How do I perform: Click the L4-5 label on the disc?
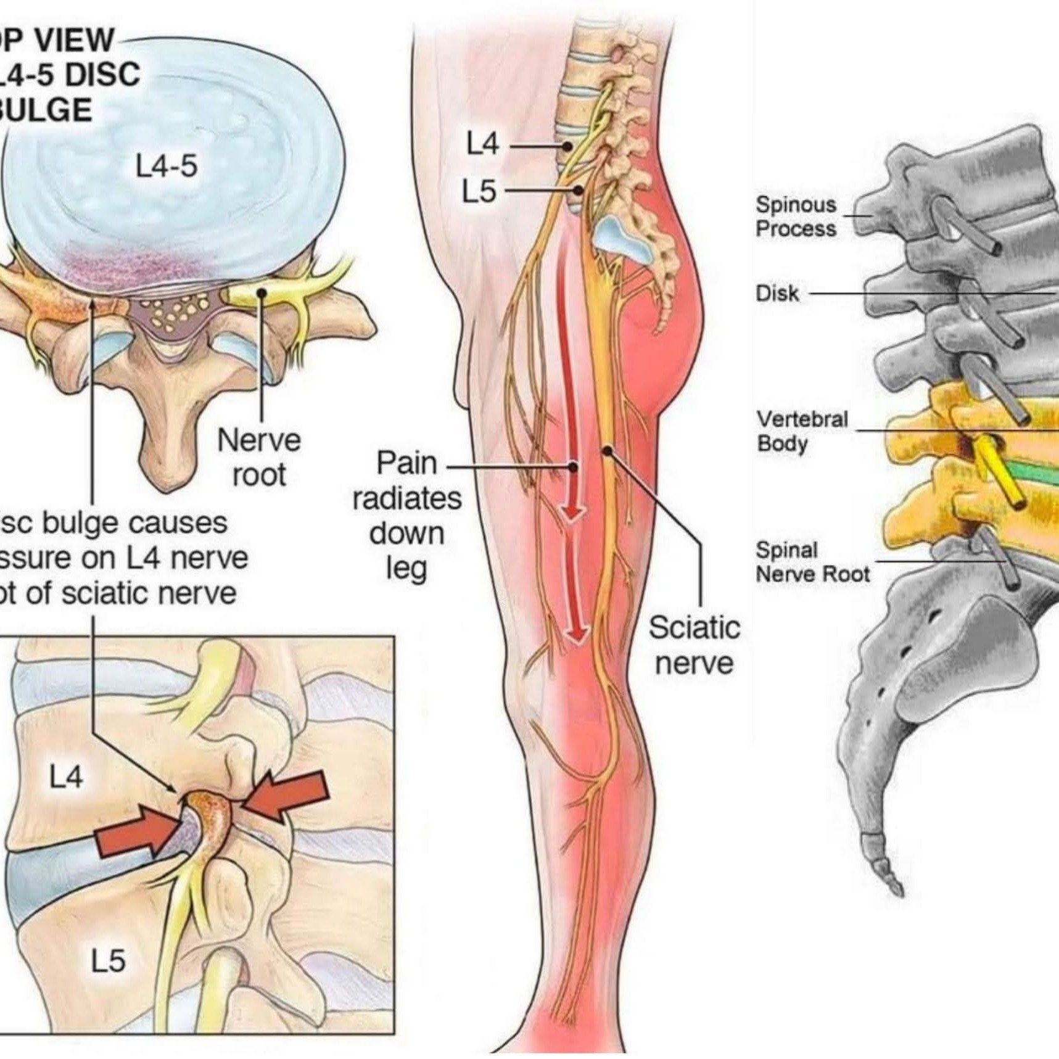(167, 167)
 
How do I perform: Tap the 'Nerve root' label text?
(259, 458)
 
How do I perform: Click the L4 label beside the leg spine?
(482, 144)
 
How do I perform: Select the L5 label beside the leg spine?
(479, 191)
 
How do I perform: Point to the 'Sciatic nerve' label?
(694, 645)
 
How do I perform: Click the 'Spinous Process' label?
(796, 216)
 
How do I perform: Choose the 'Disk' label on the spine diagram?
(777, 294)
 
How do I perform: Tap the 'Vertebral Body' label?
(802, 431)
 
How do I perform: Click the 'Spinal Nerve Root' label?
(812, 562)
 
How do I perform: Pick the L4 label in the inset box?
(66, 777)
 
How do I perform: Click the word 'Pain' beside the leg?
(406, 463)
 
